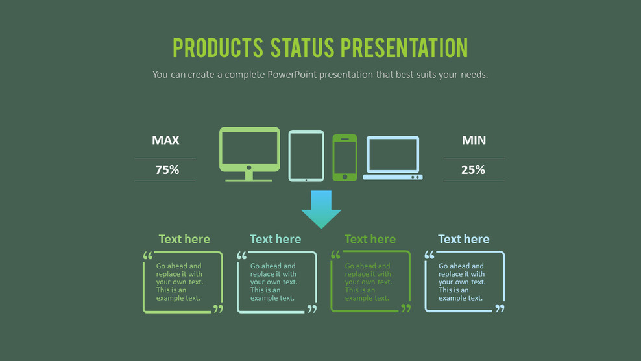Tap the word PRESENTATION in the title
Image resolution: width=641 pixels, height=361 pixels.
click(x=404, y=48)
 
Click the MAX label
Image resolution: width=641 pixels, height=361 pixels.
click(x=165, y=140)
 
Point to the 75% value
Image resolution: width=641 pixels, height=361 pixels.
click(x=167, y=170)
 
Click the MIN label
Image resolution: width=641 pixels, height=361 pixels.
click(x=474, y=140)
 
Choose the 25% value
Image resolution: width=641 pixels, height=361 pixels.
click(x=473, y=170)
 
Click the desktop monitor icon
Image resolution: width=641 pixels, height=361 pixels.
click(x=249, y=149)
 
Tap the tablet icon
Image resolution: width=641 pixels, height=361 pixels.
click(x=306, y=155)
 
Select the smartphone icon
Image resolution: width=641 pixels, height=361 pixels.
click(x=345, y=156)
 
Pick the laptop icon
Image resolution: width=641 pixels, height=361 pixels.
click(x=393, y=156)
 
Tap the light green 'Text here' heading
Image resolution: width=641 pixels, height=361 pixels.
click(x=184, y=239)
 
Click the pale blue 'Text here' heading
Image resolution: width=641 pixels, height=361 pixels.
click(x=464, y=239)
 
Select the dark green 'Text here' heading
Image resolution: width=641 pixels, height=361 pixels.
click(x=370, y=239)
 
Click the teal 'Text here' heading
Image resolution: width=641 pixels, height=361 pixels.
click(x=276, y=239)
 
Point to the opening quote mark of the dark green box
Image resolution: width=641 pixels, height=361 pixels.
click(x=335, y=256)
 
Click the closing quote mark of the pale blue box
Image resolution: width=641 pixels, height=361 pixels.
click(x=500, y=308)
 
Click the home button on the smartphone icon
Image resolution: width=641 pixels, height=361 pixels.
click(x=345, y=176)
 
